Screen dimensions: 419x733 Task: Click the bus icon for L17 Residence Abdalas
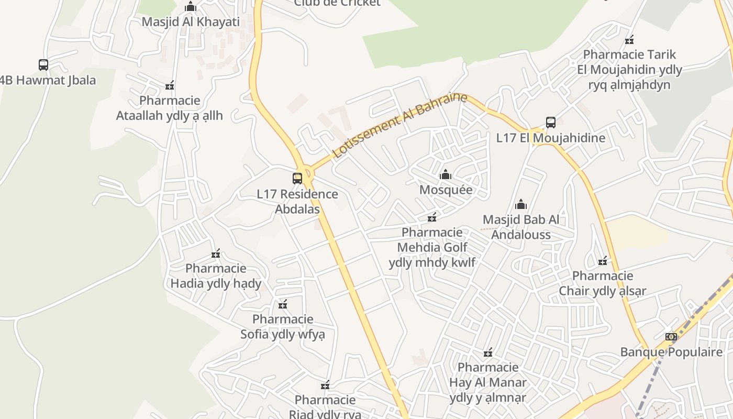click(297, 179)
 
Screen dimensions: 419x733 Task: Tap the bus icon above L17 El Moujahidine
click(550, 123)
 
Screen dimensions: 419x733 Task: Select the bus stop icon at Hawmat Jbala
click(43, 65)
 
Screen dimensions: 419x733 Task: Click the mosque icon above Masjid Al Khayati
click(191, 7)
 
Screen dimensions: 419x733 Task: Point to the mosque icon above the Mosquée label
click(446, 174)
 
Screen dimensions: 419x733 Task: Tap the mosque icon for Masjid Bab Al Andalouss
click(520, 204)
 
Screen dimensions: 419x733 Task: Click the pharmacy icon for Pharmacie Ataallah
click(169, 85)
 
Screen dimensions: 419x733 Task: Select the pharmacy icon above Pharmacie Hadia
click(216, 253)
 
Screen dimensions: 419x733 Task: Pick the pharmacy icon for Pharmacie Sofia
click(283, 304)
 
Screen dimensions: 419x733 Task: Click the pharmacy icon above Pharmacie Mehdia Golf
click(432, 217)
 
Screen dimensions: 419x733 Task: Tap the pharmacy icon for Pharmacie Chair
click(603, 261)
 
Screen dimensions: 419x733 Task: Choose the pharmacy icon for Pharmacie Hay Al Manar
click(488, 352)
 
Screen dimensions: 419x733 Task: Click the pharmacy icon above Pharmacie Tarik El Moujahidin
click(629, 39)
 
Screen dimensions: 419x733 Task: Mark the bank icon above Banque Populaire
click(671, 337)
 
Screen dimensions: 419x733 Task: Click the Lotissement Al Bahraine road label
click(399, 125)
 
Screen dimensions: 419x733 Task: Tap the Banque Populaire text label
click(671, 352)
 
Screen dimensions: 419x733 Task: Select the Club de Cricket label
click(337, 3)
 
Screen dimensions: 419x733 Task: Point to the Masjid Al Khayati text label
click(191, 22)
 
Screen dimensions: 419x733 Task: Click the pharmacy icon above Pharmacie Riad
click(325, 385)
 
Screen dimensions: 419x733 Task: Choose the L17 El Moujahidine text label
click(550, 138)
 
